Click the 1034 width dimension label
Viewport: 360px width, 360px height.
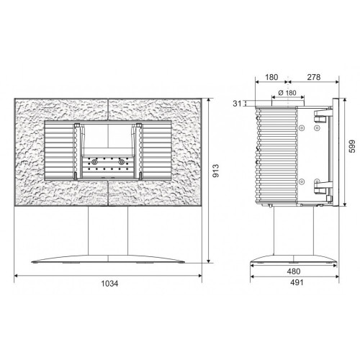109,284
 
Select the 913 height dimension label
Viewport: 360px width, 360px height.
216,171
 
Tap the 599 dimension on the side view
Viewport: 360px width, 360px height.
352,146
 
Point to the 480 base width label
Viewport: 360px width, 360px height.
294,271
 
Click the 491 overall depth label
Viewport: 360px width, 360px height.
297,282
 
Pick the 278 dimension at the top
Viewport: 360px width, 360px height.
314,77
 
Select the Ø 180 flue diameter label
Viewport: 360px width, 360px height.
287,93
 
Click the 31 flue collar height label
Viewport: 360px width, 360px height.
237,104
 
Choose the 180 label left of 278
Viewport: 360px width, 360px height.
271,77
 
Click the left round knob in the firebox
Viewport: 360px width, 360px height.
94,163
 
